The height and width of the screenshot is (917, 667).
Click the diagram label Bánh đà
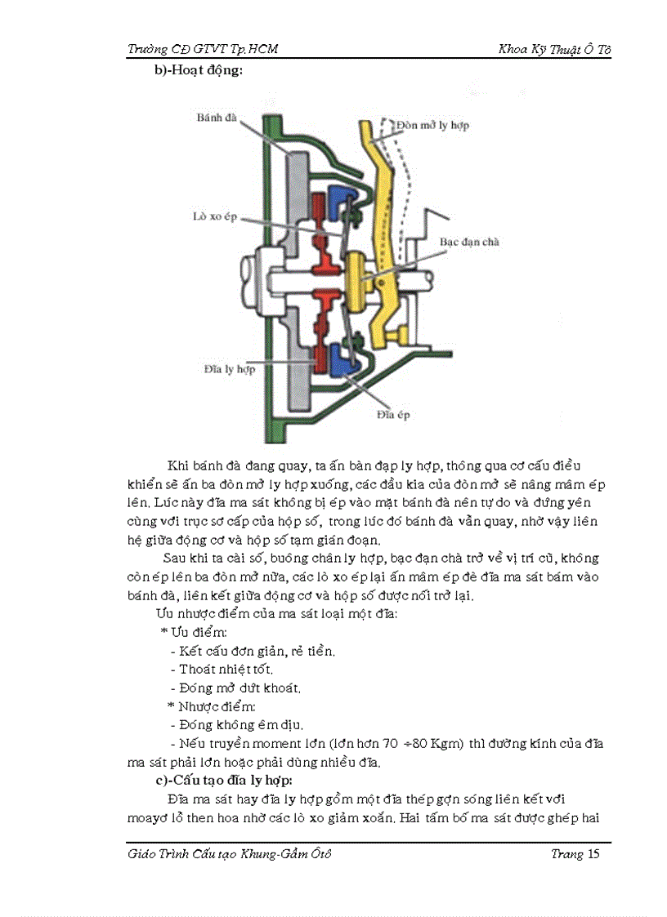point(216,118)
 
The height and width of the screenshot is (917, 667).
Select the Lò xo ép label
point(209,219)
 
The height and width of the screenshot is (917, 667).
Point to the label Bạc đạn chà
point(469,242)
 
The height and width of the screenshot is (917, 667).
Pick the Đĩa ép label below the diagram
point(393,415)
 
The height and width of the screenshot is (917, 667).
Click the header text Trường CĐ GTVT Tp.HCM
point(204,49)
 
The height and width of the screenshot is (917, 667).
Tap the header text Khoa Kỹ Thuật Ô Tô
point(554,49)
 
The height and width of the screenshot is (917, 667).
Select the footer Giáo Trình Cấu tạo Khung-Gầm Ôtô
point(231,854)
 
